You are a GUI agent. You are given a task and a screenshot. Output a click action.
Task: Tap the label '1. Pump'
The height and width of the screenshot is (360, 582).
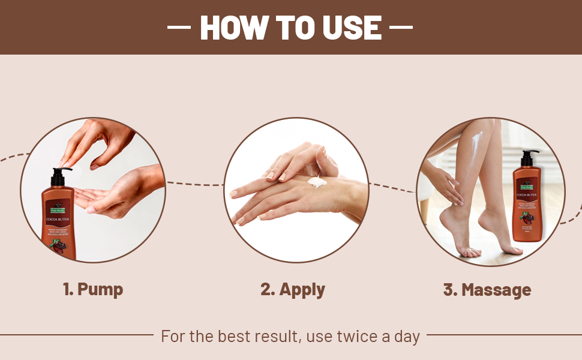tap(93, 289)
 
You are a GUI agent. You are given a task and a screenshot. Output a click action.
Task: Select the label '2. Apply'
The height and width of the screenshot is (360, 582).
tap(293, 289)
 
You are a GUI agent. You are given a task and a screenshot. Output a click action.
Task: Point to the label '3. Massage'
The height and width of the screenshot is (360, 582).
tap(487, 290)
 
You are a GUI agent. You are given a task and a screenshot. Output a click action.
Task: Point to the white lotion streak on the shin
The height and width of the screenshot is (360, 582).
tap(478, 144)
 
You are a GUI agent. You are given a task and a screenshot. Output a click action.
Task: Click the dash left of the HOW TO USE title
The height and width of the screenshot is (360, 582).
tap(178, 28)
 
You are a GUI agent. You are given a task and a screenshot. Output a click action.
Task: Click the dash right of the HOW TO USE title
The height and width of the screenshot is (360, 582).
tap(401, 28)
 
